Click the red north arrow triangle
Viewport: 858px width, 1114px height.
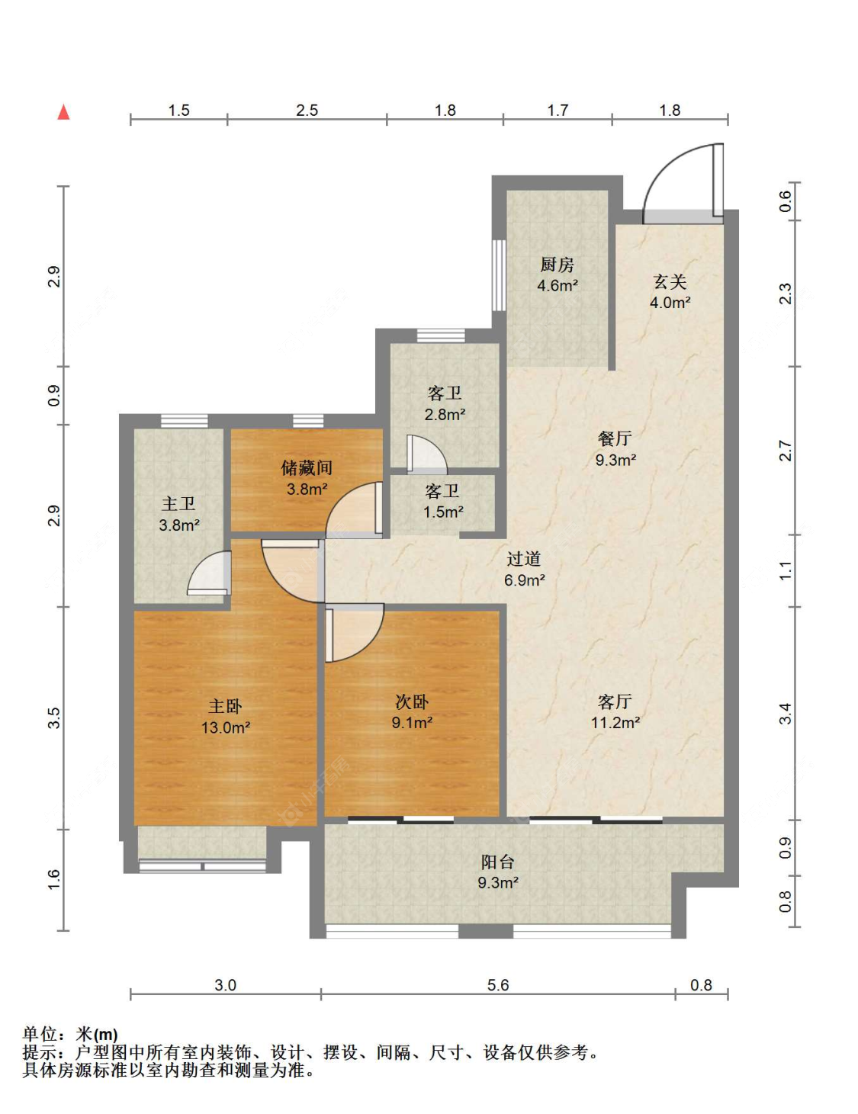(63, 112)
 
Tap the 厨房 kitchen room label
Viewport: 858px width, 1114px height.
(558, 265)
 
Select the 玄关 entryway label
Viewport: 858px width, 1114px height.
(670, 282)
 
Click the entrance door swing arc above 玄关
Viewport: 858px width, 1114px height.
(667, 164)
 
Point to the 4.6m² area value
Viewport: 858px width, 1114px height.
(558, 285)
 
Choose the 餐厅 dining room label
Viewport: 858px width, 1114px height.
(615, 439)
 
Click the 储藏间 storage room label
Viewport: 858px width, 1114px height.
(307, 467)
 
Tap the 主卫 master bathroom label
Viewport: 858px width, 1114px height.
(178, 503)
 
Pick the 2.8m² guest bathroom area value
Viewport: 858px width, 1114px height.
(445, 414)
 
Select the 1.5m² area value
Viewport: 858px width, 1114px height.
(443, 512)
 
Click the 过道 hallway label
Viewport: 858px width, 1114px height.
(524, 559)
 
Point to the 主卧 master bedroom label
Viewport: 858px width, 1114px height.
(225, 706)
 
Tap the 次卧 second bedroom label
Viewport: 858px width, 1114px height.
(412, 701)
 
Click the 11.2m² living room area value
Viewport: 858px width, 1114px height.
(615, 723)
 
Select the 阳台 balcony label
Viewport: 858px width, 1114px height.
(497, 862)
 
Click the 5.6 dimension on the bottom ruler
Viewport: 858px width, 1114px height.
(498, 985)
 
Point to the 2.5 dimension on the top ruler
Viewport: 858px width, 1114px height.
(307, 111)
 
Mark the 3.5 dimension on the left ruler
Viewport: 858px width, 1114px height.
(54, 718)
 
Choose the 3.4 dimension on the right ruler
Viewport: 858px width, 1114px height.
(785, 714)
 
